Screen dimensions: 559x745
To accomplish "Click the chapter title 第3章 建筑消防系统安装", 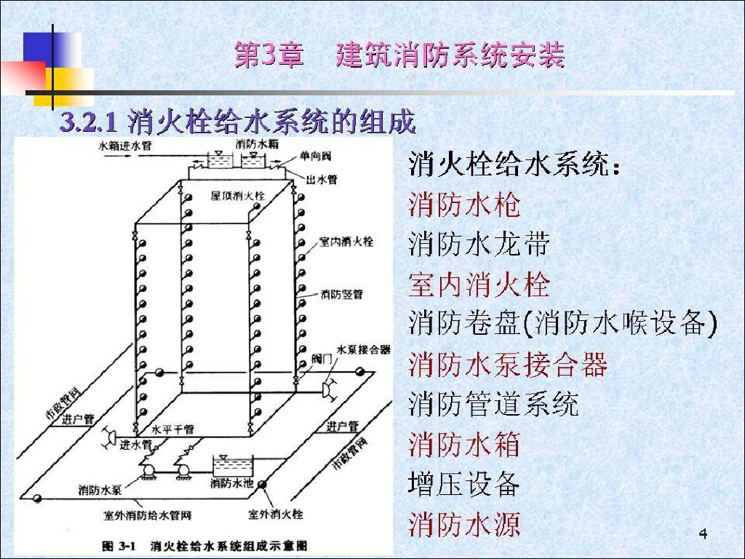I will pos(399,56).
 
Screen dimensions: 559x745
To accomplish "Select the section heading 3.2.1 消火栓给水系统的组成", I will pos(237,122).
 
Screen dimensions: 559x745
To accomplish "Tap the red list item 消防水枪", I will pos(465,205).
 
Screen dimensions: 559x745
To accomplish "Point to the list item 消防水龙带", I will pos(479,245).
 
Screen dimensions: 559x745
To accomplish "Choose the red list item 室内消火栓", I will pos(479,285).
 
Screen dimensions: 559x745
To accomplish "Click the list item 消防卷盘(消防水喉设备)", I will pos(563,324).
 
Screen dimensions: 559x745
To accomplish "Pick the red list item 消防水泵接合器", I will pos(508,364).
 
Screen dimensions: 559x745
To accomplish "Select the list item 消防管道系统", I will pos(493,403).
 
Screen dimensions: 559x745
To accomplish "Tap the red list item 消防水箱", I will pos(465,443).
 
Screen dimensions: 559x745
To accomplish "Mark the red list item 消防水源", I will pos(465,523).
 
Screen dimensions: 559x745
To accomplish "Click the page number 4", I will pos(703,536).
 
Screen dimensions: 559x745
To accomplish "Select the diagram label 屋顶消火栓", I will pos(238,196).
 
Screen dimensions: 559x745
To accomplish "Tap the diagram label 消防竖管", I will pos(341,295).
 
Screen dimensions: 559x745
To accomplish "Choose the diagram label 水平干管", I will pos(172,429).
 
